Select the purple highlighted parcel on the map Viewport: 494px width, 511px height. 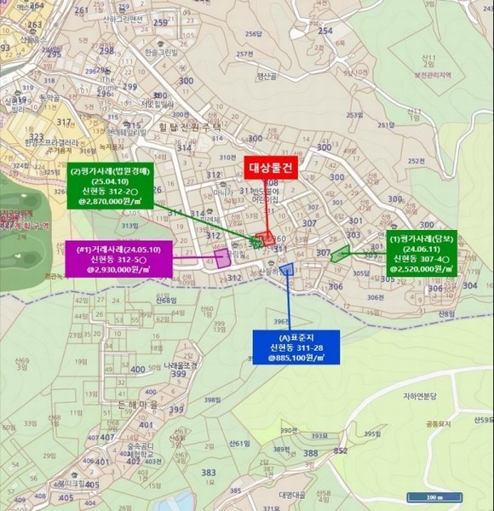point(223,258)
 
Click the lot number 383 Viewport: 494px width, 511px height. point(208,473)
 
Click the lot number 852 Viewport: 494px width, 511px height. point(340,451)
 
